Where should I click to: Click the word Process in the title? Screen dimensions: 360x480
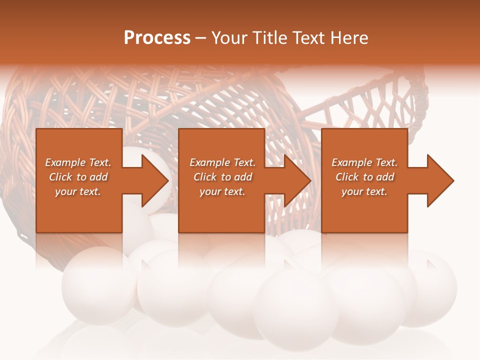click(x=157, y=38)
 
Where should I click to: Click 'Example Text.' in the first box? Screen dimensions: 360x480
click(x=78, y=162)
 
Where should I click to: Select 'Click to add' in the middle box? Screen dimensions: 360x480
click(x=222, y=177)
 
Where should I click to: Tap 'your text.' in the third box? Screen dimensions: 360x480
click(x=364, y=191)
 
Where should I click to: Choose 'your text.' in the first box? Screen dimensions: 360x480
click(x=78, y=191)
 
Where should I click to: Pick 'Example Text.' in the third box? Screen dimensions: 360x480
click(x=364, y=162)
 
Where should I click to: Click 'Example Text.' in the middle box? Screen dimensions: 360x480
click(x=222, y=162)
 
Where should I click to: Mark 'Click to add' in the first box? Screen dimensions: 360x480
click(x=78, y=177)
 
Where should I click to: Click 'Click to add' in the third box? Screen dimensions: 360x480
click(x=364, y=177)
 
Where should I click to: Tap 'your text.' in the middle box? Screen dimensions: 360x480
click(x=222, y=191)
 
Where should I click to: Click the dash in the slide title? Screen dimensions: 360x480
click(x=200, y=38)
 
